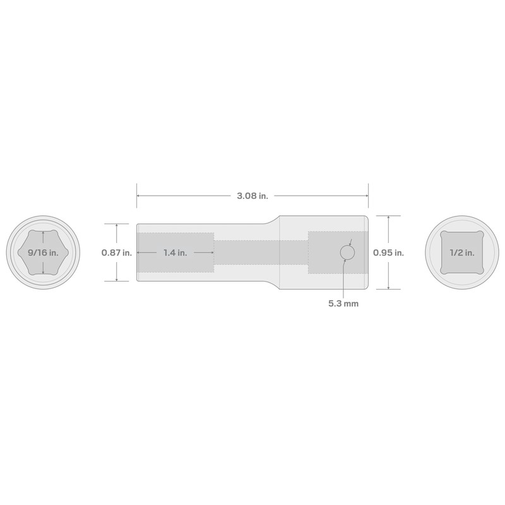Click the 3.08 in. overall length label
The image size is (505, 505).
(x=252, y=196)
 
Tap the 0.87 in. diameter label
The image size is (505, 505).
(x=117, y=252)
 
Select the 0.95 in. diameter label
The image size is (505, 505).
(x=388, y=252)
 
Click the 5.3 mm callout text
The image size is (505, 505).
(x=343, y=304)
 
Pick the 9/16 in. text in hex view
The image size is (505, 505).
(x=42, y=252)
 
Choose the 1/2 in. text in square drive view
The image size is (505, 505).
(x=462, y=252)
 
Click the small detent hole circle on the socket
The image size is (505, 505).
(x=347, y=252)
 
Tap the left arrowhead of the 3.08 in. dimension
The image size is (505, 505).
(x=139, y=196)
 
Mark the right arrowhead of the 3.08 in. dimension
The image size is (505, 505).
(x=366, y=196)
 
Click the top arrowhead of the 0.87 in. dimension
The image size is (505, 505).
(x=117, y=225)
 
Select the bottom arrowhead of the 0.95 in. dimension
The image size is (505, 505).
(x=388, y=287)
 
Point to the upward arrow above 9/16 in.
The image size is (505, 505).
(x=42, y=234)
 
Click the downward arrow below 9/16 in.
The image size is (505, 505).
(x=42, y=271)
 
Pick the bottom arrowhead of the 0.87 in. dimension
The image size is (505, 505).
(x=117, y=280)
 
